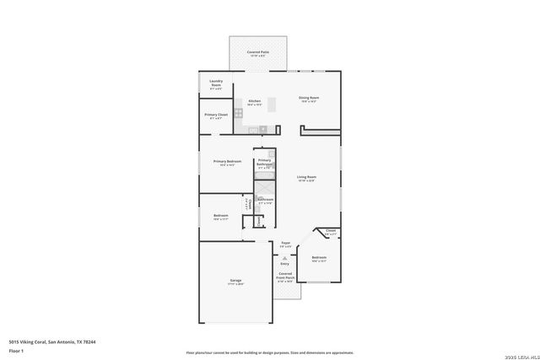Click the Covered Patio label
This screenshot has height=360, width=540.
(x=258, y=52)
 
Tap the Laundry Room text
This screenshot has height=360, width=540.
(x=216, y=83)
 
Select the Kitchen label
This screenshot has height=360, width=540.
(x=254, y=101)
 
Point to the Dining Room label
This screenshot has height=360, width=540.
(x=309, y=98)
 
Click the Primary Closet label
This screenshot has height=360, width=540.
(x=216, y=115)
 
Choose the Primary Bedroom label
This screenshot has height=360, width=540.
(x=227, y=161)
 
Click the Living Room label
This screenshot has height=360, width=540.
(x=305, y=177)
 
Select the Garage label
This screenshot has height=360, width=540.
(x=236, y=281)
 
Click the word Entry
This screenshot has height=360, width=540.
(x=284, y=263)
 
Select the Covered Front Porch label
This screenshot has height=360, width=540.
(x=285, y=277)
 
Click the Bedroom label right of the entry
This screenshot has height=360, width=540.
(x=319, y=258)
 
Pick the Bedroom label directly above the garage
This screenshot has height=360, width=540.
(x=221, y=216)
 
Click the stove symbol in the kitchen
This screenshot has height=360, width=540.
(x=239, y=112)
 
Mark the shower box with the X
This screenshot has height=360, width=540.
(x=264, y=188)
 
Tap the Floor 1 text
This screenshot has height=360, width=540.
(x=16, y=350)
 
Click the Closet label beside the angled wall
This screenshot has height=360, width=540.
(x=331, y=231)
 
